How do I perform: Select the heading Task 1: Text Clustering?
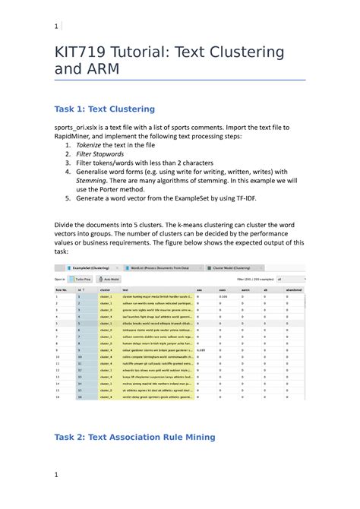point(104,109)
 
